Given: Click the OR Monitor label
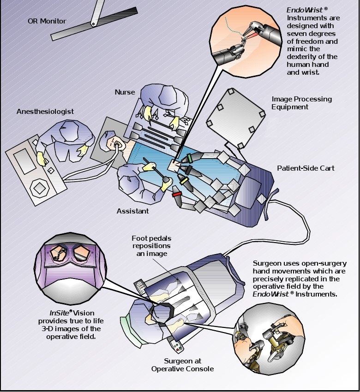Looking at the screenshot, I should tap(46, 21).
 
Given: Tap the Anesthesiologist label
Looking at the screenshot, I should tap(45, 112).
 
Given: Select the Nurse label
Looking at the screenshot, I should tap(125, 92).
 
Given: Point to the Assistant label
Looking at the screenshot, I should tap(133, 211).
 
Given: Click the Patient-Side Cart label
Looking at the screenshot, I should tap(306, 168).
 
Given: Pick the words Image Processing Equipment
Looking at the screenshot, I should tap(301, 103).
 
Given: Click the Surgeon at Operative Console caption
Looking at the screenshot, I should tap(182, 364).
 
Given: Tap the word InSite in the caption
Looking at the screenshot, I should tap(59, 313).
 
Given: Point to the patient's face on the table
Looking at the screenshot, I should tap(114, 143).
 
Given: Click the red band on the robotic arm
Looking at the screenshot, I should tap(176, 194).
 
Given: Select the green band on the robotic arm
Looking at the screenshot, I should tap(189, 158).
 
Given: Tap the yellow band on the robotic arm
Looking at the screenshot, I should tap(186, 181).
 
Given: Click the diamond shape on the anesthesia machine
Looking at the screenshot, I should tap(39, 189).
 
